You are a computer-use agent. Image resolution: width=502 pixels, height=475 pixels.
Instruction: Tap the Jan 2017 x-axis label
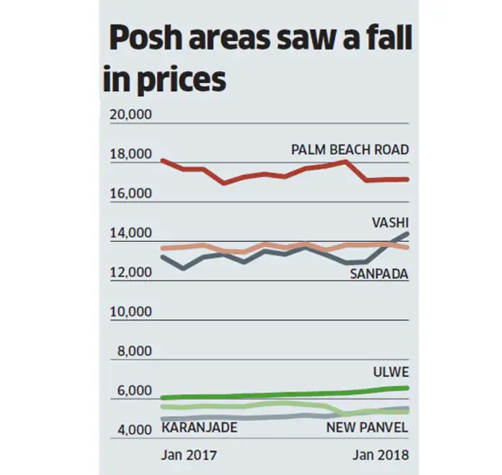pos(188,456)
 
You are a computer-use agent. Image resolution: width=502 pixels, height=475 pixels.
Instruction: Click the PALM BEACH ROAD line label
pos(350,150)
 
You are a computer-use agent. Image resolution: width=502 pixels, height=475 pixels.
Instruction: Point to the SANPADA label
pos(379,273)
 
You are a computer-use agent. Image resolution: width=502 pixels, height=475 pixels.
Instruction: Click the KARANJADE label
pos(199,428)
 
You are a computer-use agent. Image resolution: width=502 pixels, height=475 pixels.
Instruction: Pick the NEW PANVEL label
pos(367,428)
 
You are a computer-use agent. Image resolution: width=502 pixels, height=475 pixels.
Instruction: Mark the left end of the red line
pos(162,160)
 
